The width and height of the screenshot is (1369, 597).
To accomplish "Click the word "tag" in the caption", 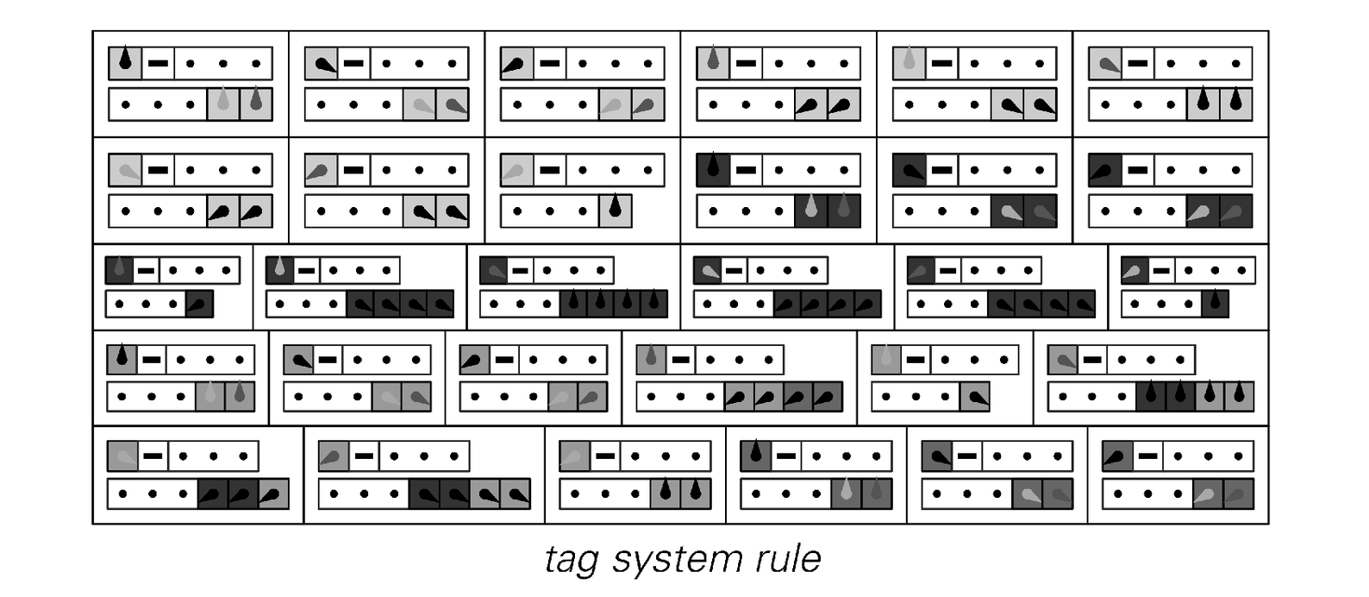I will pyautogui.click(x=572, y=560).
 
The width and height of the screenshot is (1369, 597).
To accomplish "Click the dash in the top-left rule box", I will pyautogui.click(x=158, y=63).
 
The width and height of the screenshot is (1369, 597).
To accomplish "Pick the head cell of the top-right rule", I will pyautogui.click(x=1104, y=63).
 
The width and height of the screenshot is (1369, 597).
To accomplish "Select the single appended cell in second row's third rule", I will pyautogui.click(x=615, y=211).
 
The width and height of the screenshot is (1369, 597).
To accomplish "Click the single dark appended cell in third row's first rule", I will pyautogui.click(x=199, y=304).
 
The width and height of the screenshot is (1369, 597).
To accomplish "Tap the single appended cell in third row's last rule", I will pyautogui.click(x=1215, y=304).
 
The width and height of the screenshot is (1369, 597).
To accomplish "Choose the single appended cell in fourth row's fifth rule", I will pyautogui.click(x=975, y=397).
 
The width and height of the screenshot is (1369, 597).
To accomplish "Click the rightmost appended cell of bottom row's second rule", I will pyautogui.click(x=516, y=494).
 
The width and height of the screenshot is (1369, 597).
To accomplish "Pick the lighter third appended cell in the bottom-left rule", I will pyautogui.click(x=274, y=494).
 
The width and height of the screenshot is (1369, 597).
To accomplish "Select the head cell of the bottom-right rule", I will pyautogui.click(x=1117, y=456).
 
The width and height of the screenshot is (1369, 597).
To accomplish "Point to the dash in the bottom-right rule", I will pyautogui.click(x=1147, y=456).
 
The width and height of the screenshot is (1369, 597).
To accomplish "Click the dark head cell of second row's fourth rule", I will pyautogui.click(x=713, y=170).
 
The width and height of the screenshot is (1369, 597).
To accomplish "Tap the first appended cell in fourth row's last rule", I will pyautogui.click(x=1150, y=397).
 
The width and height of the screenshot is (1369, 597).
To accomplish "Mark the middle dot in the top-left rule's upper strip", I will pyautogui.click(x=223, y=63).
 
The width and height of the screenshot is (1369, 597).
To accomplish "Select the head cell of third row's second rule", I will pyautogui.click(x=279, y=270).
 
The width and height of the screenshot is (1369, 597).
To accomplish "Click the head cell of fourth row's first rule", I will pyautogui.click(x=122, y=359).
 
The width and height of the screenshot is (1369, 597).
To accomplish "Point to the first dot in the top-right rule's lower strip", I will pyautogui.click(x=1106, y=104).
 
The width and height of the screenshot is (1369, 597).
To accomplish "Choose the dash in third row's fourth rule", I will pyautogui.click(x=734, y=270).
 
